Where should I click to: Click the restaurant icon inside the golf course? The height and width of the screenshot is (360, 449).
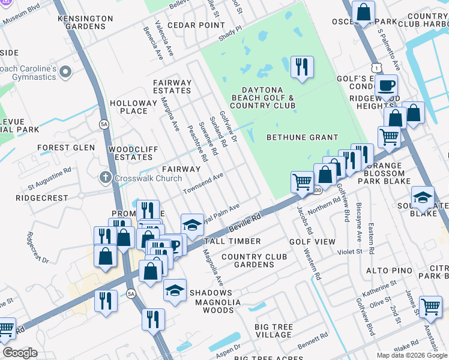click(x=302, y=67)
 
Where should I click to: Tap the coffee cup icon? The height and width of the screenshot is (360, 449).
click(x=387, y=85)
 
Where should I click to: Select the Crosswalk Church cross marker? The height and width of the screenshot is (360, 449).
click(x=105, y=178)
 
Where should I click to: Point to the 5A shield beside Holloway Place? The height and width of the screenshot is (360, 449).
click(x=104, y=124)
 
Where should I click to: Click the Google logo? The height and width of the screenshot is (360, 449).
click(x=20, y=353)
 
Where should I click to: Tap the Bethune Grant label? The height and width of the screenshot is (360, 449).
click(x=303, y=137)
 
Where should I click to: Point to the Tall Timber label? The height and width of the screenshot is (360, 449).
click(x=232, y=241)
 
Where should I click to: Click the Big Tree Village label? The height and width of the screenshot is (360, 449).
click(x=274, y=331)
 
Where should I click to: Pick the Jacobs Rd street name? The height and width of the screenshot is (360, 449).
click(x=304, y=220)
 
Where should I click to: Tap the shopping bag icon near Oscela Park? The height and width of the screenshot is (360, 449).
click(x=364, y=12)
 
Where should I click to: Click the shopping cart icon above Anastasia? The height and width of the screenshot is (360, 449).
click(x=430, y=307)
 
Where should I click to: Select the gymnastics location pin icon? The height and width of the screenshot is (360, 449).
click(x=65, y=73)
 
